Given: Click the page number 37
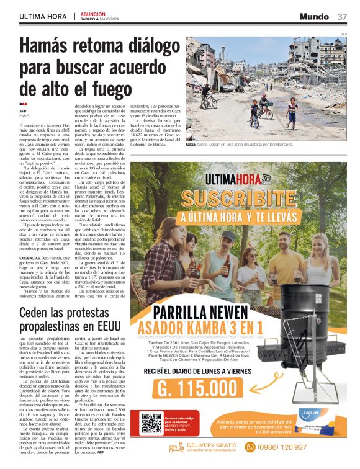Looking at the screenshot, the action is click(342, 16).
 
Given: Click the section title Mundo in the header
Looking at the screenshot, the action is click(314, 16).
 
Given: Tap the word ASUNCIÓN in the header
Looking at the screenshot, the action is click(95, 13).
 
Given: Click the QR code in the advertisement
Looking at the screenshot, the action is click(151, 422).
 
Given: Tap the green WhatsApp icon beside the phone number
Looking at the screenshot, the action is click(251, 447).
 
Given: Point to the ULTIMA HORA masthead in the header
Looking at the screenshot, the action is click(44, 16).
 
